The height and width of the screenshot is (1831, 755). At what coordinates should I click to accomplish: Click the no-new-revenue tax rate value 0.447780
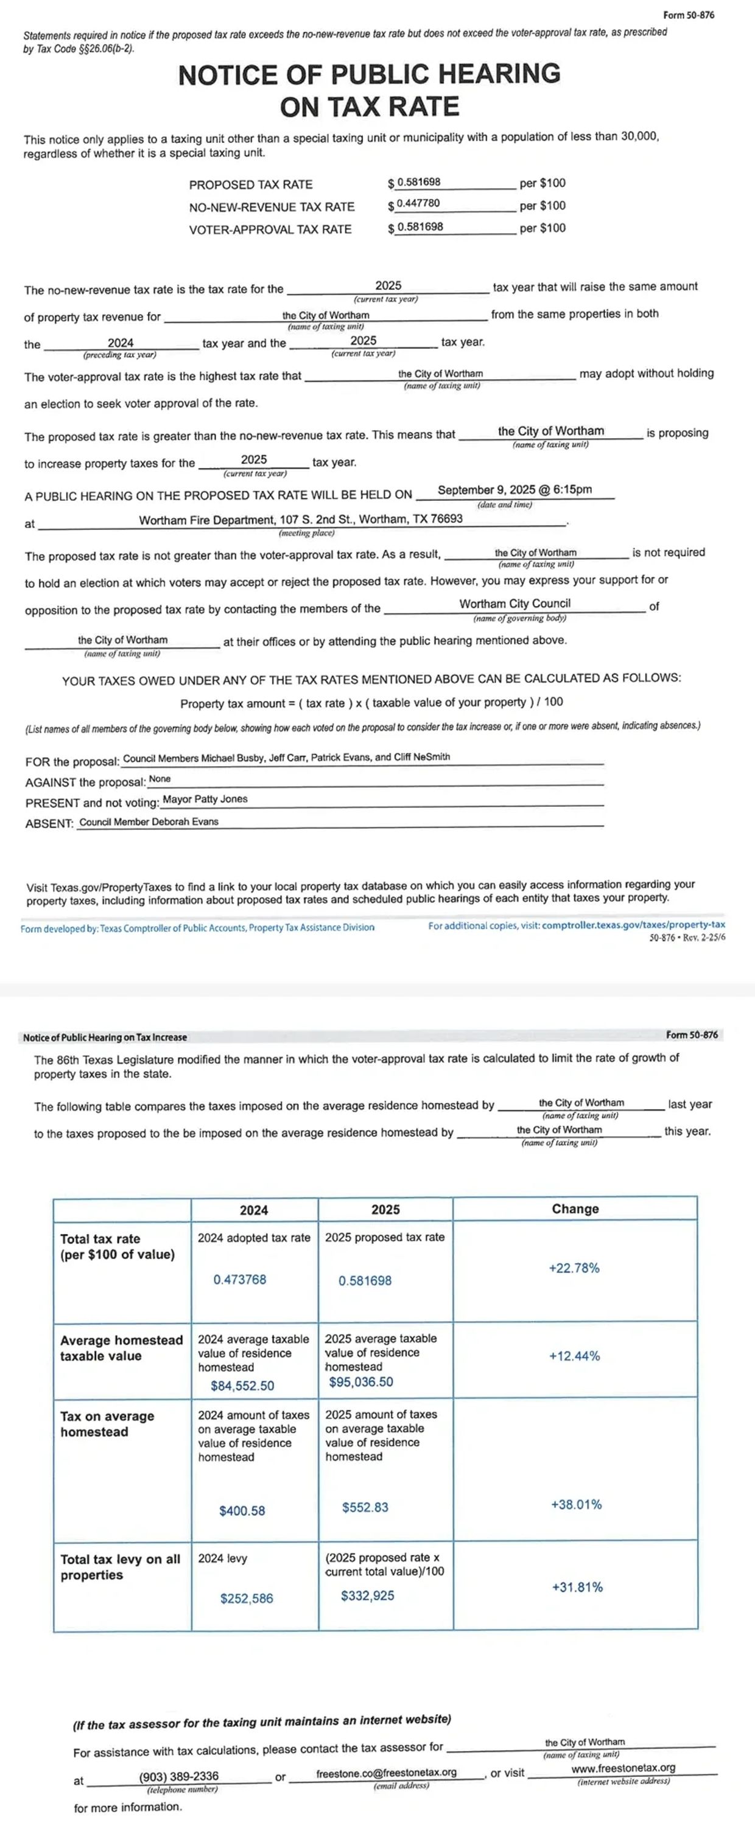coord(419,203)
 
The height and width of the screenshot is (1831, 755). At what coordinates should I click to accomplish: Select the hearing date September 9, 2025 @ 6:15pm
coord(514,490)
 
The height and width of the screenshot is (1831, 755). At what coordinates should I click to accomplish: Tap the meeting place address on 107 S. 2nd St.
coord(301,520)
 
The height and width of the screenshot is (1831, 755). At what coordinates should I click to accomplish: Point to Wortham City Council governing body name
coord(514,604)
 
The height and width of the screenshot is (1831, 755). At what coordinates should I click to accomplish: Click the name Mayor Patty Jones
coord(205,799)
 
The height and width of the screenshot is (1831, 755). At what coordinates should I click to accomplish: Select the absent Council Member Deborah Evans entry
coord(149,821)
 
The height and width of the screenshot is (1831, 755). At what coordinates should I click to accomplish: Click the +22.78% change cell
coord(574,1268)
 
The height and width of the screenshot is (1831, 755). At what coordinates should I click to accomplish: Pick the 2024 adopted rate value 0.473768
coord(241,1280)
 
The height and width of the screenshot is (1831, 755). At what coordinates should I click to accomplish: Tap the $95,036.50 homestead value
coord(361,1382)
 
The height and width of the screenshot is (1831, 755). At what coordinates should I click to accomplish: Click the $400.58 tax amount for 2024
coord(242,1510)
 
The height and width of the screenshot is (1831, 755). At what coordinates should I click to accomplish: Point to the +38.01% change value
coord(577,1505)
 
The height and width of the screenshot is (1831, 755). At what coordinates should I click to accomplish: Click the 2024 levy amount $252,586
coord(247,1599)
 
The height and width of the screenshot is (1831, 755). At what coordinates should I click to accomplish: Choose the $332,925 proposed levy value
coord(368,1596)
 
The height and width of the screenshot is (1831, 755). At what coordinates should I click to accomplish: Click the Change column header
coord(575,1209)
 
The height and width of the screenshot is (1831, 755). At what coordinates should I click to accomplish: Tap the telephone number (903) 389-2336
coord(179,1776)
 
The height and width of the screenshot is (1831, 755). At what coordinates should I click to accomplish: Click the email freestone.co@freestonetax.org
coord(387,1773)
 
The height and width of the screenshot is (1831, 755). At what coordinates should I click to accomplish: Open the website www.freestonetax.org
coord(623,1768)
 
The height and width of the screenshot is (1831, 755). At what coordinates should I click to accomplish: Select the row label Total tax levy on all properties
coord(120,1566)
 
